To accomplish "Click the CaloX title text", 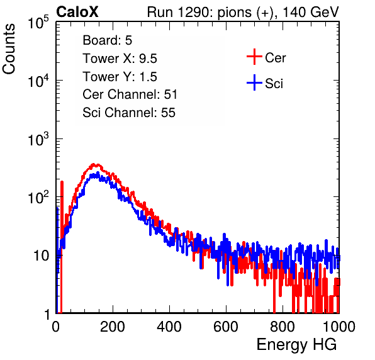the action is click(77, 12).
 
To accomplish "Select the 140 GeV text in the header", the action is click(311, 12).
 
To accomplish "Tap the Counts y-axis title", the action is click(9, 49).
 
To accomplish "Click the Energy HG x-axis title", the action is click(296, 344).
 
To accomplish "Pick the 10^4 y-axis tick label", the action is click(38, 81).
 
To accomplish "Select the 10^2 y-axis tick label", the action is click(38, 197).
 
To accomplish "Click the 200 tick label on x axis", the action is click(113, 327).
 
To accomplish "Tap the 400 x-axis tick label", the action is click(169, 327).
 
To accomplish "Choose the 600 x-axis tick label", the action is click(226, 327).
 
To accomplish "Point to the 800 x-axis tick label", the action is click(283, 327).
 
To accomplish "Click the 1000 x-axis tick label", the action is click(339, 327).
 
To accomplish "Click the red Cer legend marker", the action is click(254, 57).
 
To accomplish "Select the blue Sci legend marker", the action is click(254, 83).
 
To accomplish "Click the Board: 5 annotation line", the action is click(108, 40).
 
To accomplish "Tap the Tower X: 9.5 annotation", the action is click(120, 59).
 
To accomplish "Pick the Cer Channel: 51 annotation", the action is click(130, 94).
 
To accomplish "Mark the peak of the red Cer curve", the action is click(94, 164).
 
